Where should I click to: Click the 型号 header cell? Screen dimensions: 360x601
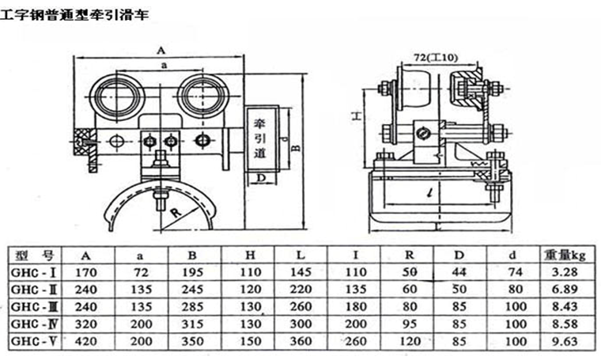click(36, 256)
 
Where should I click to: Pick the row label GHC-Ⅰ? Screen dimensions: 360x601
click(32, 274)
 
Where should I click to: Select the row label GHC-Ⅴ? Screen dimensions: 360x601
click(32, 343)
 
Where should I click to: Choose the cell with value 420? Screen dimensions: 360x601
click(85, 343)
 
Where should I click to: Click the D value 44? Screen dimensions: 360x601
click(462, 274)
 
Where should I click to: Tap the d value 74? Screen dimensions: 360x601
click(515, 274)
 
